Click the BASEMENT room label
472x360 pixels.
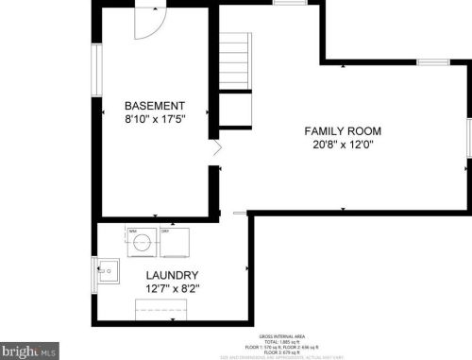[x=155, y=106]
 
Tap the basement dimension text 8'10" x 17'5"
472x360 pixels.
[x=155, y=119]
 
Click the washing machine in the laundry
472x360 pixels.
[x=142, y=244]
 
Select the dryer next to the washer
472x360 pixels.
[x=175, y=244]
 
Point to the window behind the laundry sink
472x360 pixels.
[x=94, y=273]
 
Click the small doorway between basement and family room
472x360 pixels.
[x=217, y=148]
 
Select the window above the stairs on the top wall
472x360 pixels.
[x=286, y=3]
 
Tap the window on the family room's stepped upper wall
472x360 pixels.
[x=432, y=62]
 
